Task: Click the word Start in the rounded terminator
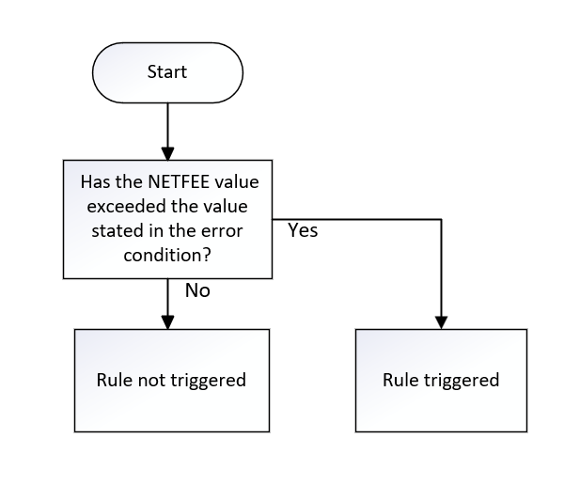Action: tap(167, 71)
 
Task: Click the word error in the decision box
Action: tap(234, 230)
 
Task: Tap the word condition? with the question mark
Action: tap(168, 254)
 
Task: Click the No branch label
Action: tap(197, 290)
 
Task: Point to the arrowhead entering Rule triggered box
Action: tap(441, 321)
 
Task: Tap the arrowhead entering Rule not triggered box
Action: tap(167, 321)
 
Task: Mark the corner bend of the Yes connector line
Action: tap(441, 219)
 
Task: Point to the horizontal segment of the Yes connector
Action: tap(367, 219)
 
